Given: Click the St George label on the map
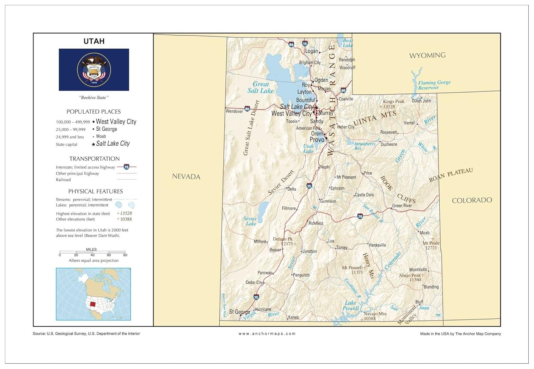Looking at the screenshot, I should [239, 312].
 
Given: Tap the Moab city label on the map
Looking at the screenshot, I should [424, 233].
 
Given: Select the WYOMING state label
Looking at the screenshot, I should [427, 55].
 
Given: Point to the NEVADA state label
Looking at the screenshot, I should [186, 176].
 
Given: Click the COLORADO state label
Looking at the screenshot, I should [472, 200].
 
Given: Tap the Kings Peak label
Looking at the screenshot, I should [393, 102].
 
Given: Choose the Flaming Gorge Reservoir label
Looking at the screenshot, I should [434, 85].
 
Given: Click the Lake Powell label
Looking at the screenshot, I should [351, 306].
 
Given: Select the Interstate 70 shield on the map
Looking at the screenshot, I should [360, 216].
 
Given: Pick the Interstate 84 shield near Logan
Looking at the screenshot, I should [291, 45].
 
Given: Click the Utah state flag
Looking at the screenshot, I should [94, 70].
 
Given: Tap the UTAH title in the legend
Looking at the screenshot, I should [94, 41].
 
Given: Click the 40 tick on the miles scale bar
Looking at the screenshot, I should [93, 255].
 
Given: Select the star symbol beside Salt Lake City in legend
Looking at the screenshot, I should [93, 144].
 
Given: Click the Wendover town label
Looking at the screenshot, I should [234, 111].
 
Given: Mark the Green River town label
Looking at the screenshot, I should [402, 206].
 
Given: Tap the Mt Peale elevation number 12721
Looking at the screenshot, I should [431, 248].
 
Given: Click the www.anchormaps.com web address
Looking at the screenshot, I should [267, 334].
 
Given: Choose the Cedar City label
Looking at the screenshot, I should [254, 282].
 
